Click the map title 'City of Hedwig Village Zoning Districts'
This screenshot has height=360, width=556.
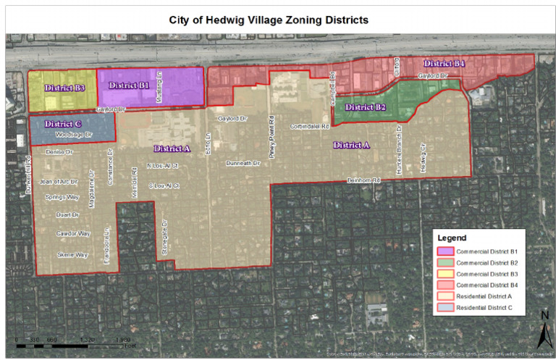pos(279,20)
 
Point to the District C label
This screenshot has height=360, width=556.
pos(62,124)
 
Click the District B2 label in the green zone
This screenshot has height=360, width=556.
pos(366,107)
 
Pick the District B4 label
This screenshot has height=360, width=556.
pos(445,64)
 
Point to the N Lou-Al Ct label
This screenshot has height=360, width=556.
pos(163,166)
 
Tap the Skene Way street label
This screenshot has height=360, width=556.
pos(72,255)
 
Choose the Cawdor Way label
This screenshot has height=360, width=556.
pos(73,233)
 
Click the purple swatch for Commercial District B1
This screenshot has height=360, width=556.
pos(444,250)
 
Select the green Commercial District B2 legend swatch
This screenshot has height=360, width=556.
pos(444,261)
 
